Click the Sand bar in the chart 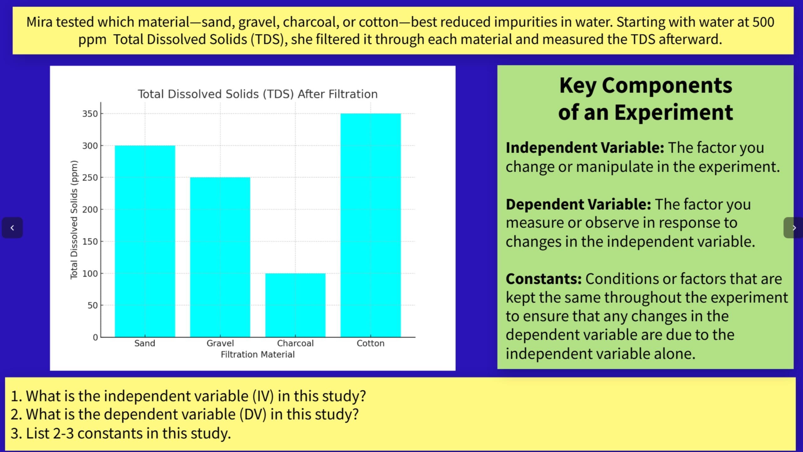[x=145, y=241]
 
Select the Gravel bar [x=220, y=257]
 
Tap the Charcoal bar [x=295, y=305]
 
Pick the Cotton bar [x=370, y=225]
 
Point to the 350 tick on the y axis [x=90, y=114]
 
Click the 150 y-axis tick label [x=90, y=242]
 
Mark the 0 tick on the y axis [x=95, y=337]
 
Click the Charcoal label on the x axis [x=295, y=343]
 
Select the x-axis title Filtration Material [x=258, y=354]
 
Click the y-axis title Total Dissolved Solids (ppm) [x=74, y=220]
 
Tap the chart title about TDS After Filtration [x=258, y=94]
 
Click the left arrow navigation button [x=12, y=228]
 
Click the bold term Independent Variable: [x=585, y=148]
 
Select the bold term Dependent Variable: [x=578, y=204]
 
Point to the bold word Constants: [x=544, y=279]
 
